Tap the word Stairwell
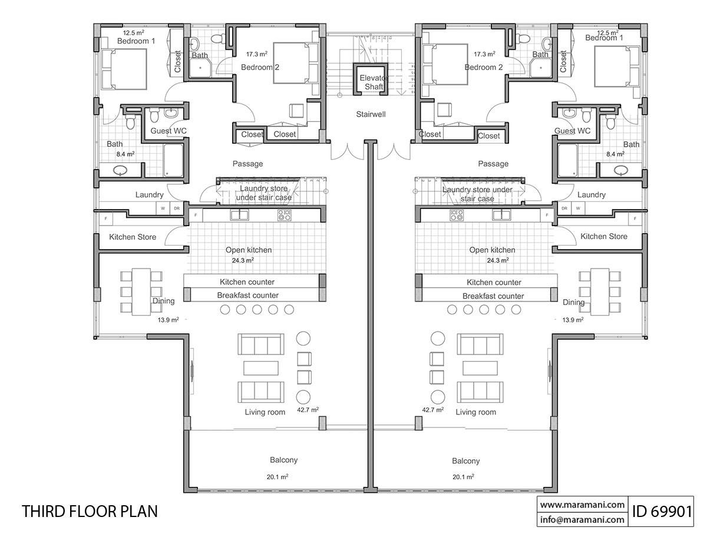[371, 114]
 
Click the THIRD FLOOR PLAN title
[90, 511]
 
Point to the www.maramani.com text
[582, 505]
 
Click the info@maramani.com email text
[582, 519]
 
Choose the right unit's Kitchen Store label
[604, 236]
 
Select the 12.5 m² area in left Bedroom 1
[133, 33]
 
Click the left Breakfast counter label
[247, 296]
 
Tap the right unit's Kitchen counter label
[494, 283]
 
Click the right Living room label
[475, 412]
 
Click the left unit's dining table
[140, 291]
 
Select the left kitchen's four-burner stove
[284, 216]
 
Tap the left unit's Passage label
[247, 164]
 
